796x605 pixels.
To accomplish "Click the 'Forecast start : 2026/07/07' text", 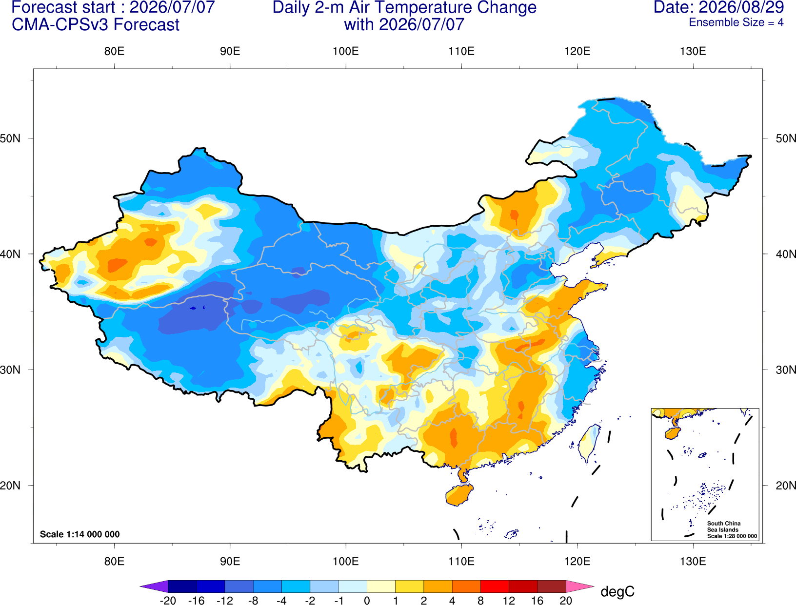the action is (x=113, y=7).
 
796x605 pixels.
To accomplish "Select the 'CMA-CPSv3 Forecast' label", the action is (x=96, y=25).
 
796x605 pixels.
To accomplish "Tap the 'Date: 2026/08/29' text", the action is (x=719, y=7).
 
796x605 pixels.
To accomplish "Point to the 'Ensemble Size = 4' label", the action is (x=736, y=22).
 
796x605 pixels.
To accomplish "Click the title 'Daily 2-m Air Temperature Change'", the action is (x=404, y=7).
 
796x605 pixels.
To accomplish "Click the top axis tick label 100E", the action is (x=346, y=51).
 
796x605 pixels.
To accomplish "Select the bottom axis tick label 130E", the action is (x=693, y=562).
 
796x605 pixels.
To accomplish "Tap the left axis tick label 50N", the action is (x=10, y=138).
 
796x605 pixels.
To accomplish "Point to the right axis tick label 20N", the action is (x=785, y=486).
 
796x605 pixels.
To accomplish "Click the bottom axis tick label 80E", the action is (x=114, y=562).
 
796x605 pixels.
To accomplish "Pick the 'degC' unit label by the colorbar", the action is (x=617, y=591).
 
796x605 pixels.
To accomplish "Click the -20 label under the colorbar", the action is (x=168, y=601).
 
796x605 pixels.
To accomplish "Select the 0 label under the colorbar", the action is (x=367, y=601).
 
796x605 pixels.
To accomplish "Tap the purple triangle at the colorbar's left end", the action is (x=157, y=586).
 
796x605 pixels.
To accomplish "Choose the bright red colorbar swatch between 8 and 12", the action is (x=495, y=586).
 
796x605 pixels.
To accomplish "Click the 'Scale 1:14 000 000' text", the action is (x=80, y=534).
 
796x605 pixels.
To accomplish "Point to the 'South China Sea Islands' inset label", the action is (x=723, y=527).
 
